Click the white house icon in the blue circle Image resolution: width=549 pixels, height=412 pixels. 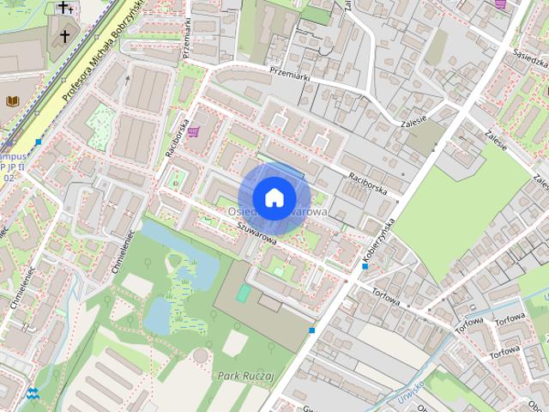[274, 197]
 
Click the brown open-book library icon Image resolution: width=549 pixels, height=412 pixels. [12, 102]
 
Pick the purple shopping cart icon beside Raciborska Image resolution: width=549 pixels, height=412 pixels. [195, 132]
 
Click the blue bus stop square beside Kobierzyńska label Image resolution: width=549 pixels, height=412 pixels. [365, 267]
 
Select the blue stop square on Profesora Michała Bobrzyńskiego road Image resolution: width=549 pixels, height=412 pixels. [39, 142]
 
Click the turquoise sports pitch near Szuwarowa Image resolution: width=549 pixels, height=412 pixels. [244, 294]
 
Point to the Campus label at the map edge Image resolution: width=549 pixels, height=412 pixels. [12, 157]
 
